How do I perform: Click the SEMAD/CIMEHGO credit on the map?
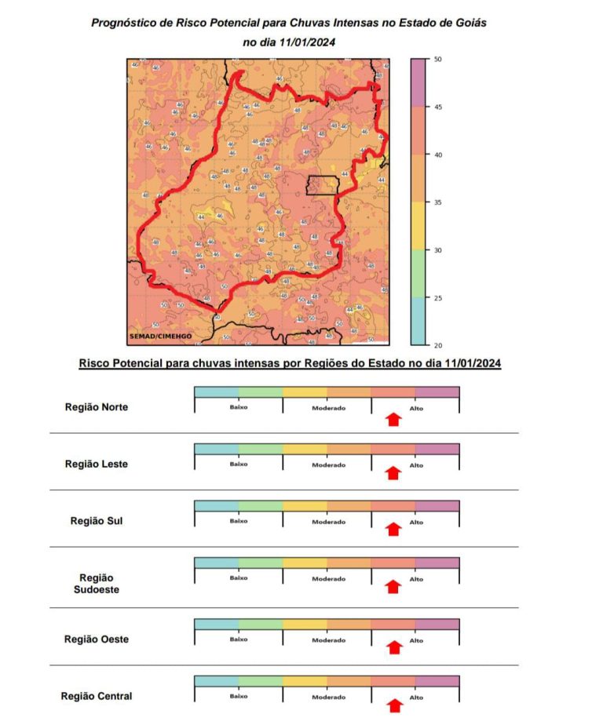(x=159, y=337)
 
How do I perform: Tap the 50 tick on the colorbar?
(x=438, y=60)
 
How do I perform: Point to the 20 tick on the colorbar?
(x=438, y=345)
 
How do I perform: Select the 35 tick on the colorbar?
(x=438, y=202)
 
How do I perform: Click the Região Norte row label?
(x=96, y=407)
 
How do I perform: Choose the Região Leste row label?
(x=96, y=464)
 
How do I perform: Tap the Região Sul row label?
(x=96, y=520)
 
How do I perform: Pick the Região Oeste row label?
(x=96, y=639)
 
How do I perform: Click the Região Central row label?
(x=96, y=696)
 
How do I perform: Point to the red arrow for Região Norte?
(x=394, y=420)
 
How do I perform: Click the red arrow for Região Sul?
(x=394, y=530)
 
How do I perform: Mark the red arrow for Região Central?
(x=394, y=705)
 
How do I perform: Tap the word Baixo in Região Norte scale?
(x=239, y=408)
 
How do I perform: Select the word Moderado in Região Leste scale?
(x=328, y=465)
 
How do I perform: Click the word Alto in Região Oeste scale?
(x=416, y=640)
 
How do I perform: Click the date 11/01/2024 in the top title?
(x=304, y=42)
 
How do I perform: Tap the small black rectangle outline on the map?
(x=323, y=184)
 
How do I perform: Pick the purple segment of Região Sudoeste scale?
(x=437, y=563)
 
